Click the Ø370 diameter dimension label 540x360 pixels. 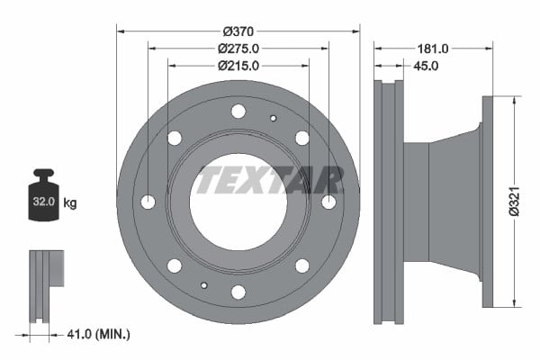(238, 31)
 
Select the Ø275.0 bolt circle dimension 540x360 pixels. (238, 49)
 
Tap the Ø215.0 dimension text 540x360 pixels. (238, 66)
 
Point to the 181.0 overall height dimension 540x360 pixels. (433, 49)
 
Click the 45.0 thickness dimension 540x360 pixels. (426, 66)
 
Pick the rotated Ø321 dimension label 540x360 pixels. (514, 202)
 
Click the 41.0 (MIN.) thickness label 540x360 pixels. (98, 334)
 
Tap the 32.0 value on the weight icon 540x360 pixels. (44, 202)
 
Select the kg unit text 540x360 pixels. (70, 202)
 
